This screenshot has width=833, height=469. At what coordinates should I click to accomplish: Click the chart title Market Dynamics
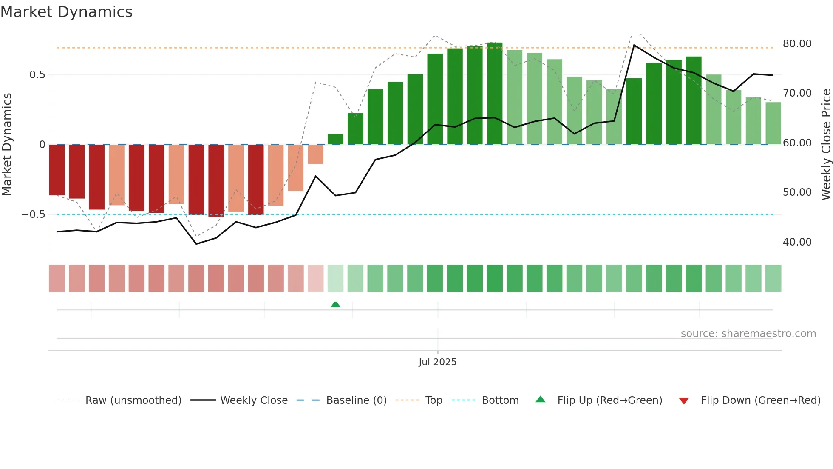point(66,12)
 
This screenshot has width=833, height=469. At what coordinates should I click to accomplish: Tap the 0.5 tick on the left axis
point(37,75)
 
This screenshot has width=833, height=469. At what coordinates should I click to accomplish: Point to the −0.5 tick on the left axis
point(34,214)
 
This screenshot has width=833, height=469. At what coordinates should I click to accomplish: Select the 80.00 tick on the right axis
point(797,44)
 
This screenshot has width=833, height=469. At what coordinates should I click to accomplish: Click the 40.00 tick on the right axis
point(797,242)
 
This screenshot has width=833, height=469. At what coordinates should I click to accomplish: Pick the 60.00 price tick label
point(797,143)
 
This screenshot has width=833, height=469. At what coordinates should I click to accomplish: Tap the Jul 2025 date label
point(437,362)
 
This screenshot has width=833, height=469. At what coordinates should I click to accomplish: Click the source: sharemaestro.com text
point(748,334)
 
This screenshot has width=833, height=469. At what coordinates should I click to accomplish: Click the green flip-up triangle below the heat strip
point(335,304)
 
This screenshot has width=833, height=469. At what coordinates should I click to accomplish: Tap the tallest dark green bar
point(495,94)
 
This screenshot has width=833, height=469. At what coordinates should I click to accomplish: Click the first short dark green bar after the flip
point(335,139)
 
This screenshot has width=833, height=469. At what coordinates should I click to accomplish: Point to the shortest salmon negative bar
point(315,154)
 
